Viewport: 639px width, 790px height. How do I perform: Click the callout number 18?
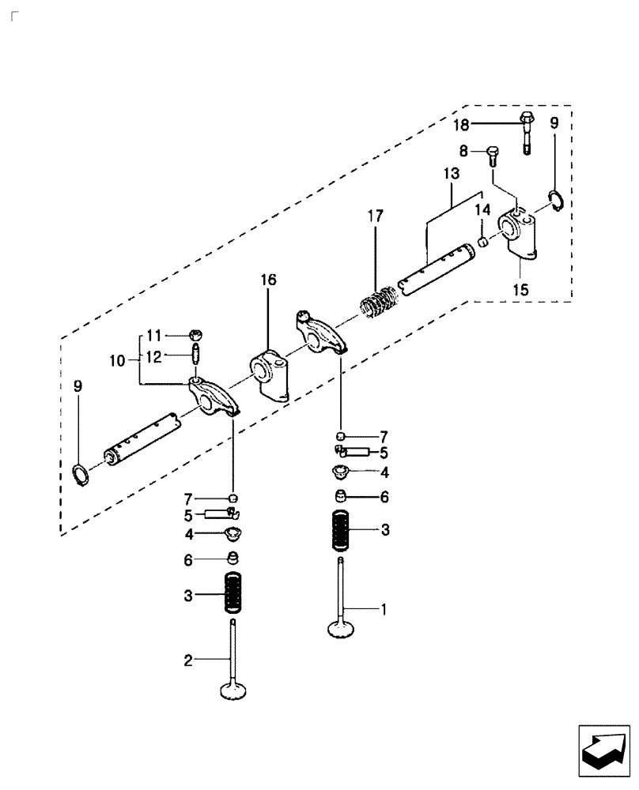(x=461, y=124)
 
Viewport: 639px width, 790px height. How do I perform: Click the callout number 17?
(x=375, y=215)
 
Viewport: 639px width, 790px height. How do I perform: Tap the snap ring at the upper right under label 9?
(x=554, y=201)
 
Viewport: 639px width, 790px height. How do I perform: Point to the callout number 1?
(x=384, y=609)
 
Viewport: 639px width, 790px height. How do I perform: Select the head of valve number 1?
(x=342, y=629)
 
